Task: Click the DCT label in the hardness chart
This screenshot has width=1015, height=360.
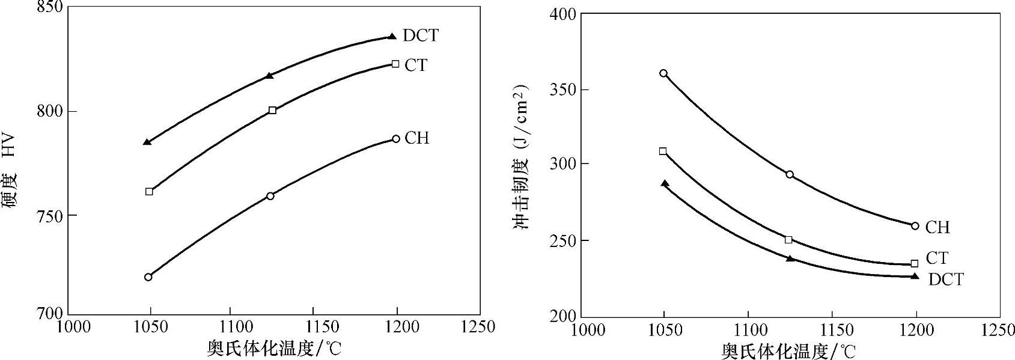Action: point(421,35)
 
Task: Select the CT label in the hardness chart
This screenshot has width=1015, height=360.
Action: point(416,65)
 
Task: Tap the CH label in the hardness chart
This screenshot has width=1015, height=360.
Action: point(416,138)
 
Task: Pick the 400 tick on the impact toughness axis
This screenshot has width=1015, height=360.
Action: point(563,13)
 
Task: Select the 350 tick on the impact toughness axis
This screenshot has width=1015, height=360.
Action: point(563,90)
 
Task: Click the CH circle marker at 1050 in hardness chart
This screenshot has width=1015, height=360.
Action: point(148,277)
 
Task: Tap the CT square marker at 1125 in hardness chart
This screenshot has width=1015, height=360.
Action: point(272,110)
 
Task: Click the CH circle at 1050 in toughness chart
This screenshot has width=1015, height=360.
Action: point(663,73)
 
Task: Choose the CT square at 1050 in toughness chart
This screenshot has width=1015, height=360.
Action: point(663,151)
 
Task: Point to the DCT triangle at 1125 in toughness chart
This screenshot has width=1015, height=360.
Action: point(790,258)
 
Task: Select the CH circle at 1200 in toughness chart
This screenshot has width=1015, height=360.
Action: point(915,226)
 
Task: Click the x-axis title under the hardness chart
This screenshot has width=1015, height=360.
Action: point(273,348)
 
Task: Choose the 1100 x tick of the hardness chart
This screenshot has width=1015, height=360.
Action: point(231,327)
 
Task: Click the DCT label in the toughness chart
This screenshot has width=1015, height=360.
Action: point(945,279)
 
